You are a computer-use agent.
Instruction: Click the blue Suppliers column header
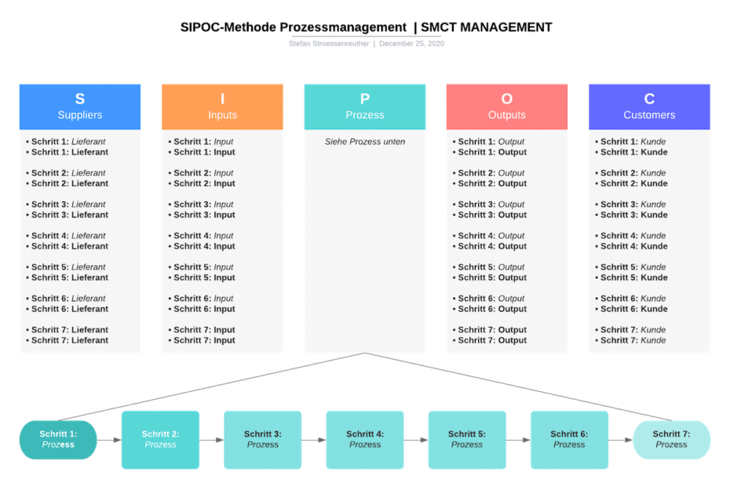79,107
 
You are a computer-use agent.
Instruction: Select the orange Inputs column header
222,107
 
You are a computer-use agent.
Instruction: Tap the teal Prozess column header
365,107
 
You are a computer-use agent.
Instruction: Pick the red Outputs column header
507,107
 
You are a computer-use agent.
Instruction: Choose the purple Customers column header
649,107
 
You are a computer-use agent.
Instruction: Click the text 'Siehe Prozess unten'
365,142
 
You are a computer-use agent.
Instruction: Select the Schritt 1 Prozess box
59,439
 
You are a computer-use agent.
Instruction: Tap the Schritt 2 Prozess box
161,439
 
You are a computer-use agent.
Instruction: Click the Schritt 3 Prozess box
263,439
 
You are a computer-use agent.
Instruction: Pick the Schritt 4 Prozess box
365,439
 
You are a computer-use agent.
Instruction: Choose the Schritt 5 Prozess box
467,439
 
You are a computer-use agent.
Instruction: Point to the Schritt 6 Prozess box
569,439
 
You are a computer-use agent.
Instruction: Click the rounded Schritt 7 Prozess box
672,439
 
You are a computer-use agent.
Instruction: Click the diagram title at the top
366,27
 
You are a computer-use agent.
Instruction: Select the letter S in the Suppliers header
79,99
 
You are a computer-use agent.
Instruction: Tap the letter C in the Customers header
649,99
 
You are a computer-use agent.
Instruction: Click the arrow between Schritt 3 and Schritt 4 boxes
314,440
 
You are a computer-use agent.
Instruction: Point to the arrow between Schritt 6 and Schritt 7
621,440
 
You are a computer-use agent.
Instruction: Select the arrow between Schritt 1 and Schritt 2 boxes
110,440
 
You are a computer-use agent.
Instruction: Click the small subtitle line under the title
366,44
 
